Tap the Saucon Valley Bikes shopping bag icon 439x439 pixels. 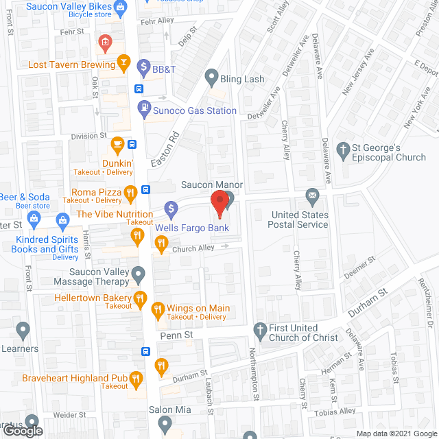click(121, 8)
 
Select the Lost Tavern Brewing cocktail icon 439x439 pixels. click(123, 64)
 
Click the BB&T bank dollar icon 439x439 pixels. click(143, 67)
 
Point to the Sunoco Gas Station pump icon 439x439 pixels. click(143, 107)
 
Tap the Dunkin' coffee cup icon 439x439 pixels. click(117, 144)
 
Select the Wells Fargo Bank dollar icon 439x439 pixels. click(171, 207)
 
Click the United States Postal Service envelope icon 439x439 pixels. click(313, 198)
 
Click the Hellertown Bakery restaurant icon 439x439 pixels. click(140, 298)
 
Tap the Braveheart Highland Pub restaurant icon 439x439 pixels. click(136, 378)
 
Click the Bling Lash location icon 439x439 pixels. click(211, 77)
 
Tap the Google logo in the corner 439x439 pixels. click(21, 431)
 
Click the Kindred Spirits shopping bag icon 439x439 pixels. click(62, 220)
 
